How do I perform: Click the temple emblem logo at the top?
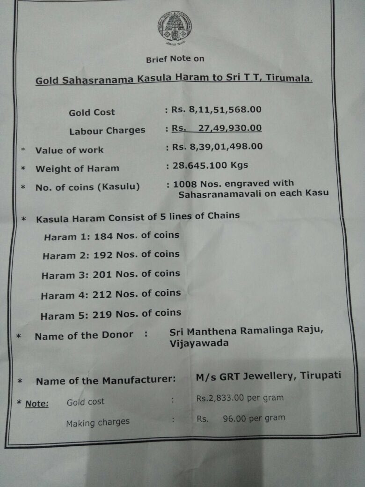174,28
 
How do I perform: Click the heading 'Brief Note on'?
175,59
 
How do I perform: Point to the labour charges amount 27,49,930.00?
229,128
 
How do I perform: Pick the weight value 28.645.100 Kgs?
210,165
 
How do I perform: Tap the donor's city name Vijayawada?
199,343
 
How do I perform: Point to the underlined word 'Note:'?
36,403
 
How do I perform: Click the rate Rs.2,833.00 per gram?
240,398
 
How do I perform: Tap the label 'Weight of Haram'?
77,169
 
